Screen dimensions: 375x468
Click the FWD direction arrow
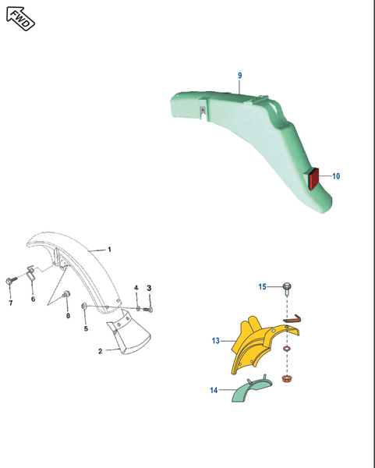coord(20,19)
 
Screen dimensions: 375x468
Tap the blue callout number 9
coord(240,76)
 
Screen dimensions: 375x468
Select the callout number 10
coord(336,176)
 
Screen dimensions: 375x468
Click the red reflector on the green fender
coord(313,179)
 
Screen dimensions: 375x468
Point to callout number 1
coord(109,250)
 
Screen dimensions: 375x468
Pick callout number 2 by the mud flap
coord(101,351)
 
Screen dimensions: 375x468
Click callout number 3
coord(149,288)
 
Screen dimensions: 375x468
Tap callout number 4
coord(136,288)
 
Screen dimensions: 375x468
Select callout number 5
coord(86,328)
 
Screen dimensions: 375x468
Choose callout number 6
coord(33,299)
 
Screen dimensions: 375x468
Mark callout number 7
coord(11,303)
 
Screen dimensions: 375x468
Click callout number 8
coord(68,315)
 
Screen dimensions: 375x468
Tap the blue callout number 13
coord(216,341)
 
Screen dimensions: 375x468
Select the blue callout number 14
coord(214,390)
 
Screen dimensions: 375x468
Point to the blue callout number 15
coord(262,287)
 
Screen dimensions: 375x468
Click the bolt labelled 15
coord(287,289)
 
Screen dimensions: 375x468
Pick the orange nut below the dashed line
coord(287,379)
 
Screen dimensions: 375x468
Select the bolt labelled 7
coord(11,281)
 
